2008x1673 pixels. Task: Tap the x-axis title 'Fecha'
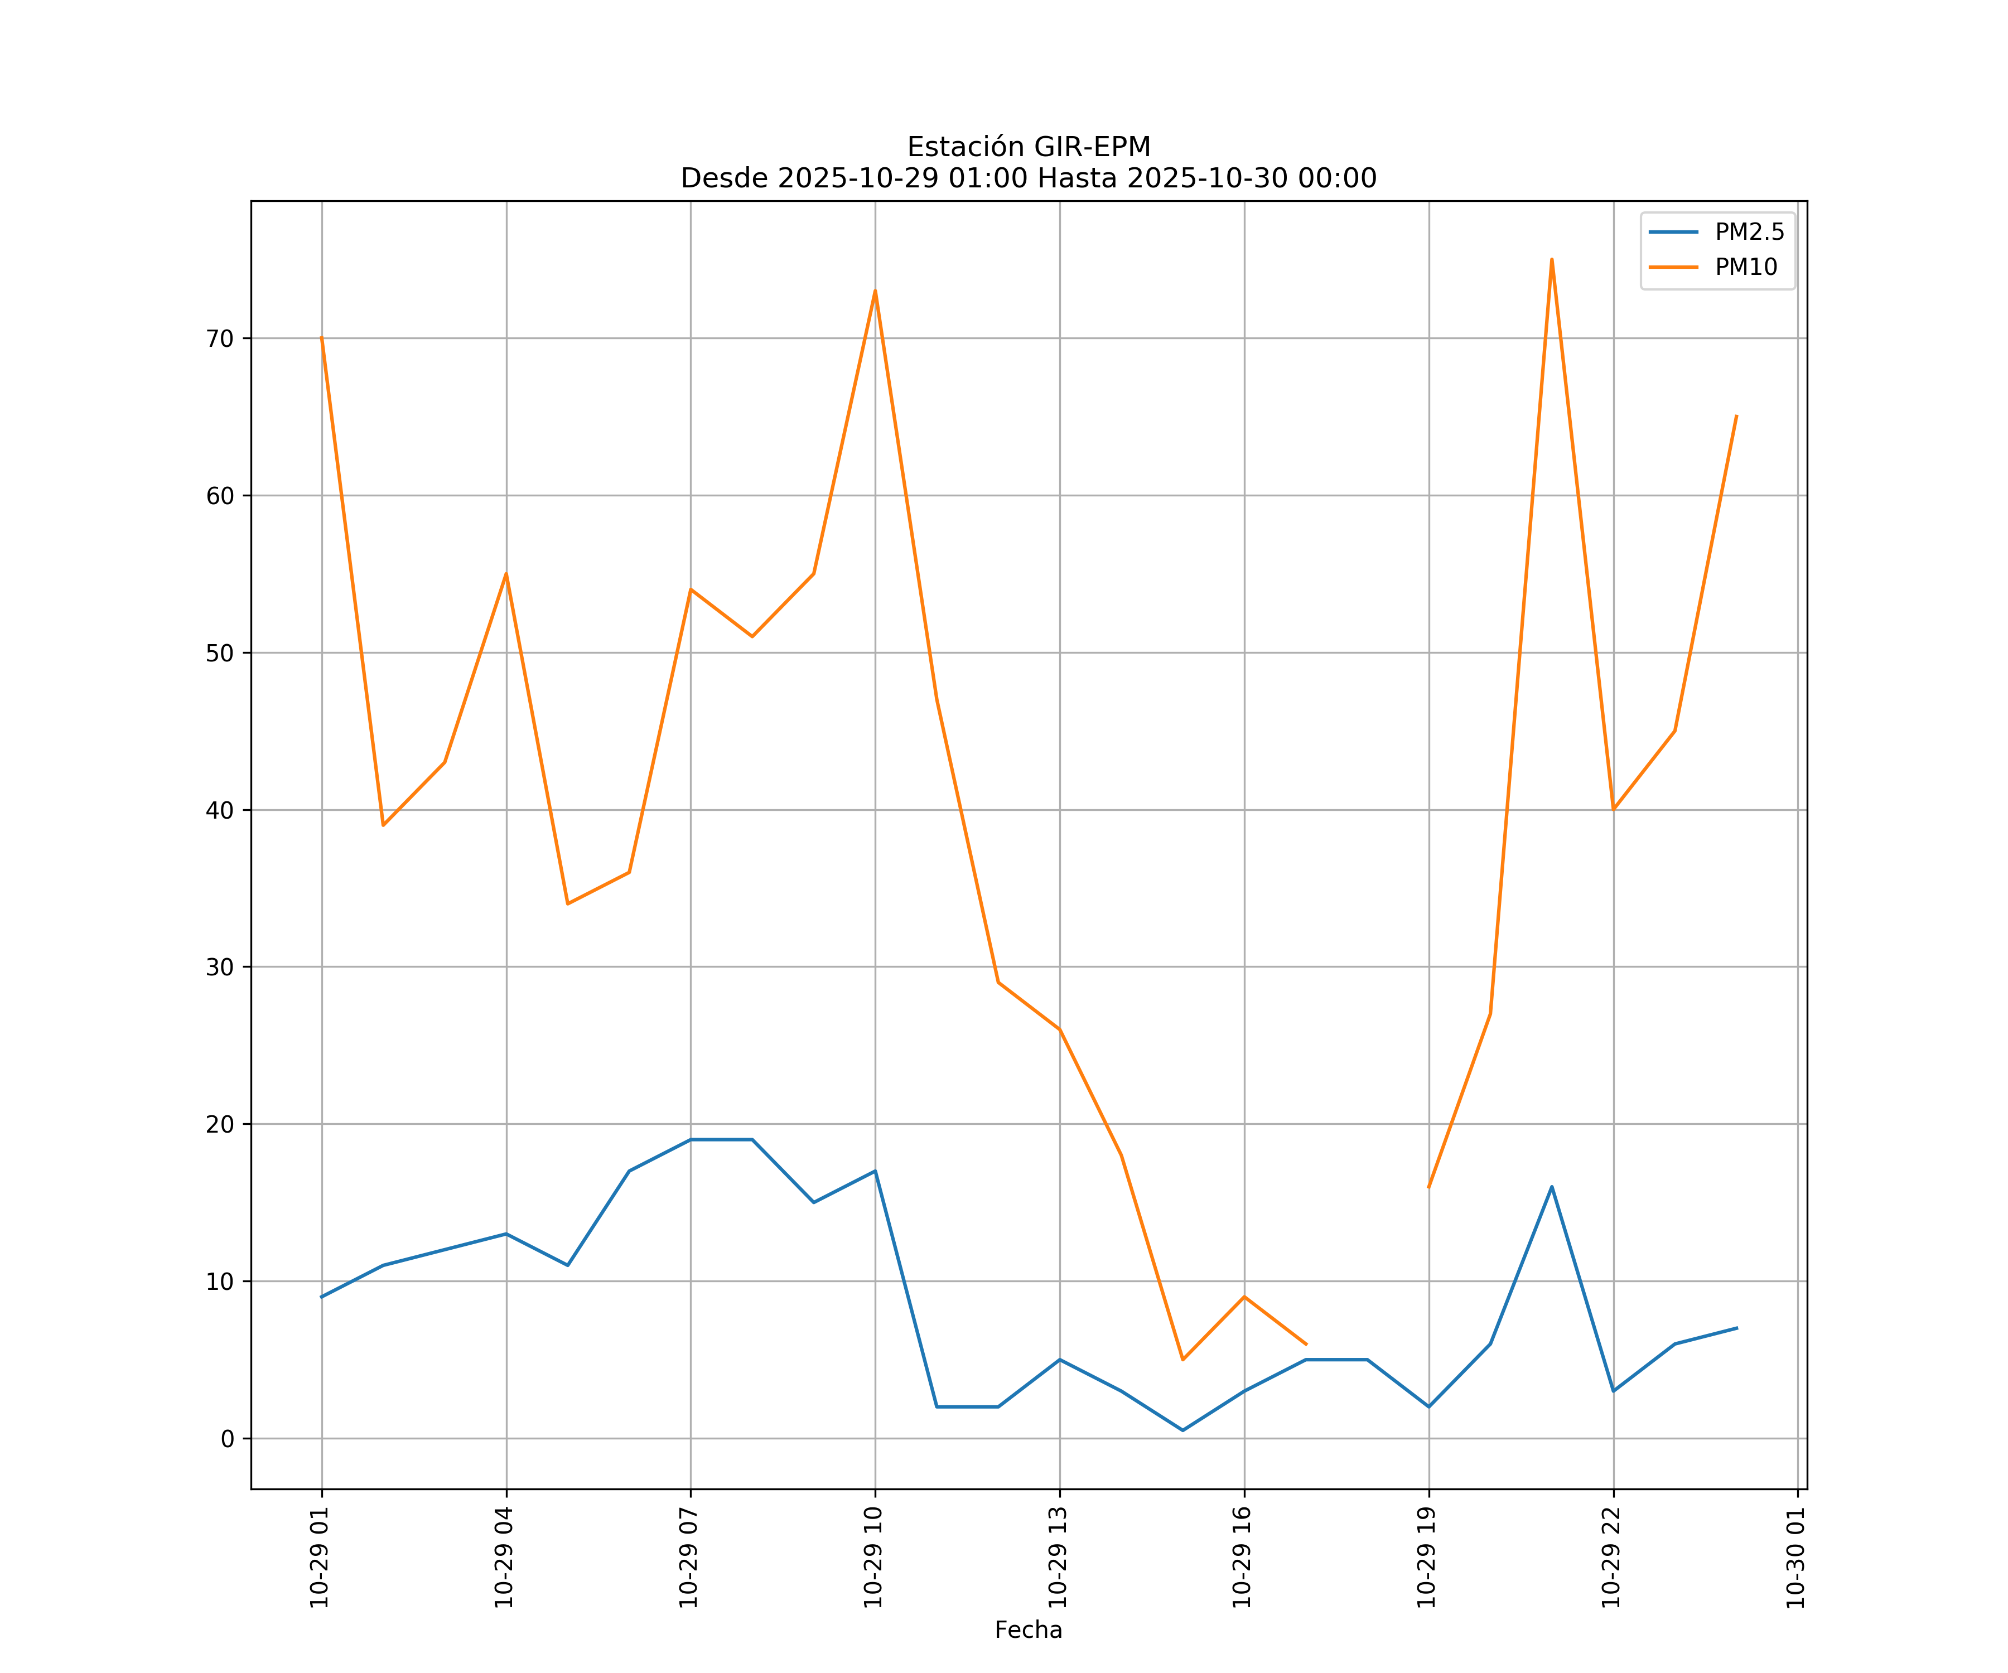tap(1028, 1630)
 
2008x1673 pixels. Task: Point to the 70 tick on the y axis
tap(219, 339)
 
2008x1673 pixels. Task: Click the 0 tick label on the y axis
tap(226, 1439)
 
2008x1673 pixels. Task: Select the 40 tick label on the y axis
tap(219, 810)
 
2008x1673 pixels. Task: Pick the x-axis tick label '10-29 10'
tap(873, 1558)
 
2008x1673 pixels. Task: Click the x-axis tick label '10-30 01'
tap(1795, 1558)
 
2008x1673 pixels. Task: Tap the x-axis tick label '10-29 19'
tap(1427, 1558)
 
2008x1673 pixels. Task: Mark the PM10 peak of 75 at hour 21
tap(1552, 259)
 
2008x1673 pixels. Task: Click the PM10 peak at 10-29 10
tap(875, 291)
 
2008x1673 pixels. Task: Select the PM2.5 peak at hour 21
tap(1552, 1186)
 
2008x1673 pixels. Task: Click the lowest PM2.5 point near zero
tap(1183, 1430)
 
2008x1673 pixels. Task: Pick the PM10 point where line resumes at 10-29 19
tap(1428, 1186)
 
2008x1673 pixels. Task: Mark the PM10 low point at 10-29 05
tap(568, 903)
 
